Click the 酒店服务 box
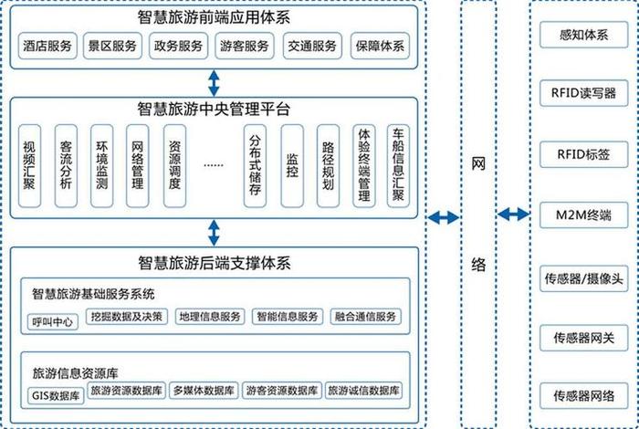(47, 46)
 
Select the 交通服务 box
(312, 46)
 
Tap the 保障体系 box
(380, 46)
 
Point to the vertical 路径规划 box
(328, 164)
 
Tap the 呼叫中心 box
(51, 321)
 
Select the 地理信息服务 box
(210, 317)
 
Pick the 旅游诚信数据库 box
(363, 391)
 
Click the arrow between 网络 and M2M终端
(513, 214)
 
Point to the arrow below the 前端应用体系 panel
(214, 83)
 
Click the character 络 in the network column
(478, 265)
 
